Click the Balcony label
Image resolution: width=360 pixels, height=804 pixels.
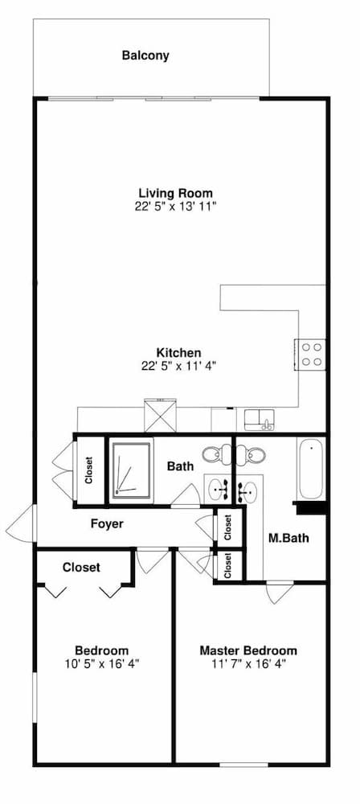point(145,55)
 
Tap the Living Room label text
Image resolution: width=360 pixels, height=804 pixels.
point(175,193)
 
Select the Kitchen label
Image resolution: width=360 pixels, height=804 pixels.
point(178,353)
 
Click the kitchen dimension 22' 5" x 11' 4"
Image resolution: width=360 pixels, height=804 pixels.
point(178,366)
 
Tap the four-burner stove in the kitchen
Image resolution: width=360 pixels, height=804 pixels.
point(311,355)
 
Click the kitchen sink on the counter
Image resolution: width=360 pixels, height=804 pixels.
point(260,420)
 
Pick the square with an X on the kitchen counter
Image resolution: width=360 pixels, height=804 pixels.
point(161,416)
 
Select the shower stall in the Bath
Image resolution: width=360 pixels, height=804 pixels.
point(131,469)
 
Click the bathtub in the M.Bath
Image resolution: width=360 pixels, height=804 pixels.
point(311,468)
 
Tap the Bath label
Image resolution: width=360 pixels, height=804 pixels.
point(181,466)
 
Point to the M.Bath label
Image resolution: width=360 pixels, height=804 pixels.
point(288,539)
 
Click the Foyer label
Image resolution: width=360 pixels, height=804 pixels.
point(107,524)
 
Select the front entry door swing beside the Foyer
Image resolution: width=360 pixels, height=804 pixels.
point(22,523)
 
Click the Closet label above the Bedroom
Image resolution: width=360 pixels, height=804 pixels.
point(81,568)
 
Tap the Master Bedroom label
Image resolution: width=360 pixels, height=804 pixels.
point(248,650)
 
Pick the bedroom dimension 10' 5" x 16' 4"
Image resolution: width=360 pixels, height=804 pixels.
point(102,663)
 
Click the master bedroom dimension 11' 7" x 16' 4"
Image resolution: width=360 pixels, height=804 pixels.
point(248,663)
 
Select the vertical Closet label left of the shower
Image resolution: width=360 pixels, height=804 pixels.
point(89,470)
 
